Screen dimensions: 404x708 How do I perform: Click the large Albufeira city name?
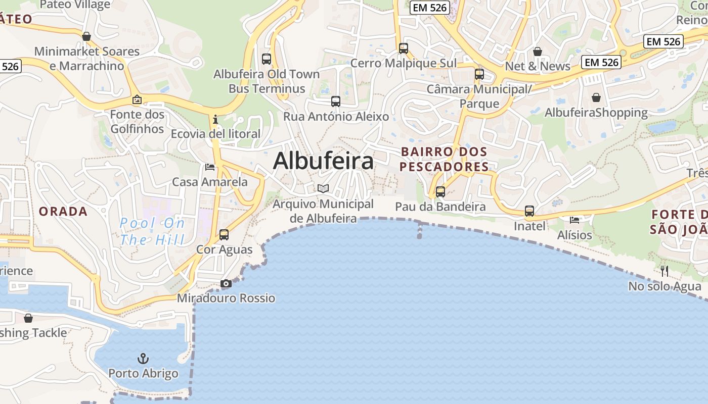click(323, 161)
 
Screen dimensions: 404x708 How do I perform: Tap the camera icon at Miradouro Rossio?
click(226, 284)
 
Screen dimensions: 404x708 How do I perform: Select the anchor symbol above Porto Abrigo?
click(144, 359)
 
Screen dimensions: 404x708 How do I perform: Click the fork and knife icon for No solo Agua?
click(665, 271)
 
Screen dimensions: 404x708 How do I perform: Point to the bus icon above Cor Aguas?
click(224, 235)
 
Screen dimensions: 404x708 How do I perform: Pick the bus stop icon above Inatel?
click(529, 211)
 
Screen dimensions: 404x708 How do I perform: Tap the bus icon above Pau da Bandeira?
click(440, 192)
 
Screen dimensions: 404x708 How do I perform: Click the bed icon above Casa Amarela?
click(210, 167)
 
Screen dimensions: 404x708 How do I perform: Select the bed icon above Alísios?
click(574, 220)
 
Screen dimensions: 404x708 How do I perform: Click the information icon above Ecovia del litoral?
click(215, 120)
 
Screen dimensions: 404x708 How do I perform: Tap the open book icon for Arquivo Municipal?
click(323, 189)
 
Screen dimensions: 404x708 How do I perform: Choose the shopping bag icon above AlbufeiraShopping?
click(596, 97)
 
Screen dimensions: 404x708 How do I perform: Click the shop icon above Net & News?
click(538, 52)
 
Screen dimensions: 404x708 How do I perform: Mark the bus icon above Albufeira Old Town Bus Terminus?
click(267, 59)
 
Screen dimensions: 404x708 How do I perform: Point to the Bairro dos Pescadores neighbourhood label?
click(445, 159)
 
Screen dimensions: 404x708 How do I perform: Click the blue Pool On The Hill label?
click(152, 231)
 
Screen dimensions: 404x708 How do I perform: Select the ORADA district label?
click(63, 212)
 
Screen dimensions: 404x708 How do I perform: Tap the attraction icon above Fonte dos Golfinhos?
click(137, 100)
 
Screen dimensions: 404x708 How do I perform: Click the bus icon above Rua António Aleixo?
click(336, 102)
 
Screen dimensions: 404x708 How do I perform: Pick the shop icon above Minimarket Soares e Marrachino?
click(86, 36)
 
